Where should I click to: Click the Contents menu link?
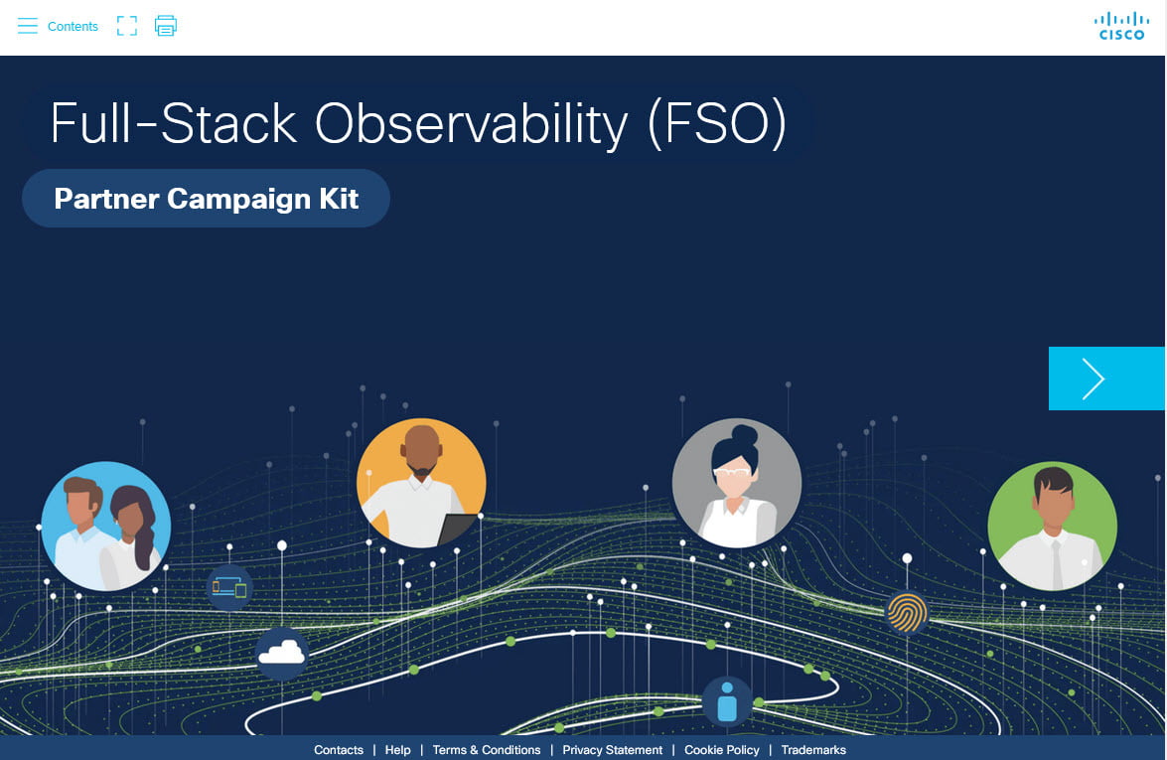click(x=58, y=26)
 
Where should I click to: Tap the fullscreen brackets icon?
click(x=127, y=26)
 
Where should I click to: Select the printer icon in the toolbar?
click(x=165, y=26)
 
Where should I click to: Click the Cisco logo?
click(x=1121, y=26)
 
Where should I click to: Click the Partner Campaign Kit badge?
click(x=207, y=199)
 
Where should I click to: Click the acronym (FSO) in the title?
click(x=717, y=123)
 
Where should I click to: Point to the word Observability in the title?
click(x=471, y=123)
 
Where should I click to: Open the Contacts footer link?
click(x=339, y=750)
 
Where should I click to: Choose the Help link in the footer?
click(x=397, y=750)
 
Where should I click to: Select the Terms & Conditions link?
click(x=487, y=750)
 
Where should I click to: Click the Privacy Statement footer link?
click(x=613, y=750)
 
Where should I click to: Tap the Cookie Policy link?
click(x=722, y=750)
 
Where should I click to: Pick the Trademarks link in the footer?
click(x=813, y=750)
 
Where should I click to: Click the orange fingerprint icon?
click(x=907, y=613)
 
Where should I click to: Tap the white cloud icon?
click(x=281, y=654)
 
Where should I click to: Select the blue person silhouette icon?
click(x=727, y=701)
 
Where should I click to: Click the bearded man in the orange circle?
click(x=421, y=483)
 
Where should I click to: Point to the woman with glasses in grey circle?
click(x=737, y=483)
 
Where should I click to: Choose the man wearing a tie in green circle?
click(x=1053, y=526)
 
